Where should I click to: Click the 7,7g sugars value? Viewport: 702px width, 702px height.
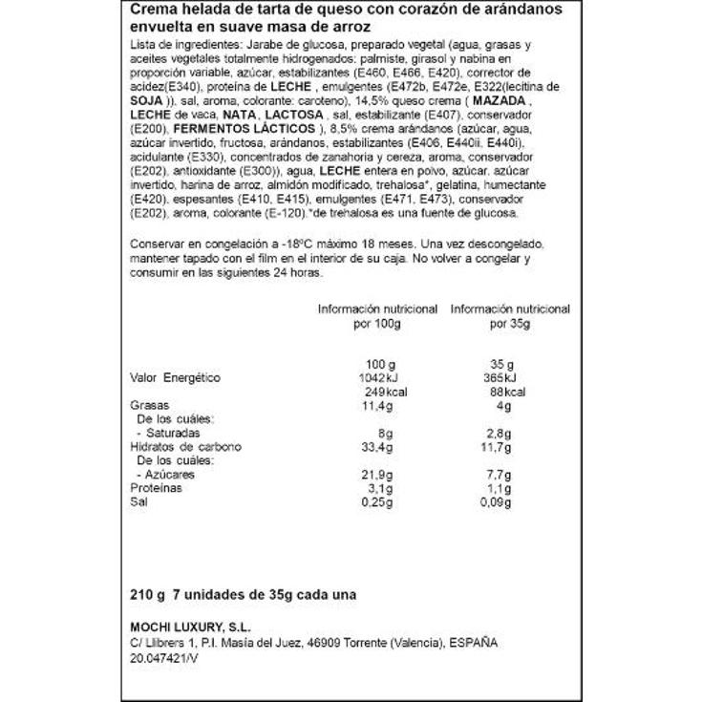500,474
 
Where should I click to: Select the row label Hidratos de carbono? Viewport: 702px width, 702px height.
185,446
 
